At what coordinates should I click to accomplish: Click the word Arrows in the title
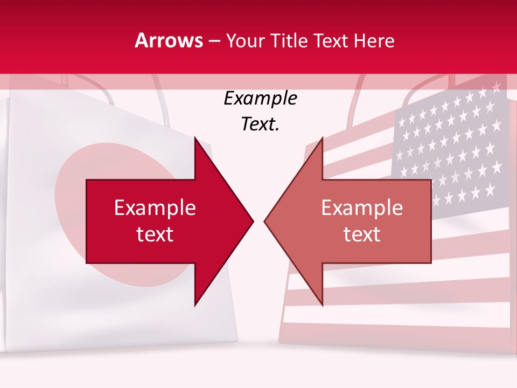(x=169, y=40)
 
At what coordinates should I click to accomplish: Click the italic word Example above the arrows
(x=260, y=99)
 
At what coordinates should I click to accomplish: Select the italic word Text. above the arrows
(x=260, y=124)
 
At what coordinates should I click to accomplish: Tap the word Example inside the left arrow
(x=155, y=208)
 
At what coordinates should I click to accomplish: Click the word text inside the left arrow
(x=155, y=234)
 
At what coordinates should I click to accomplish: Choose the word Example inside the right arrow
(x=362, y=208)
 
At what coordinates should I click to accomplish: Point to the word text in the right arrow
(x=362, y=234)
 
